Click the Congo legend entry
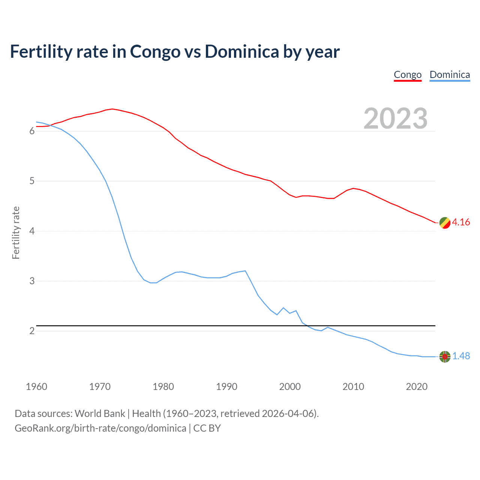pos(408,75)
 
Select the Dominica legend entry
pos(450,75)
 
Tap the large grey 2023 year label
pos(396,118)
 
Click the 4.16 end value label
pos(461,222)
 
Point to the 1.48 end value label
pos(461,356)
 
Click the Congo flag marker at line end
pos(445,223)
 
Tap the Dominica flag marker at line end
pos(445,357)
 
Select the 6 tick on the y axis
pos(32,131)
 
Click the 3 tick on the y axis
pos(32,281)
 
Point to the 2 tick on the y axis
pos(32,331)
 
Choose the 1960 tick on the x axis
pos(36,387)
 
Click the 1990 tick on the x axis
pos(226,387)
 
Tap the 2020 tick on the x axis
pos(417,387)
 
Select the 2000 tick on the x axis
pos(290,387)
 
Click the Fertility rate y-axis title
pos(16,232)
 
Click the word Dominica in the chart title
pos(242,52)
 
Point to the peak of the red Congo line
pos(112,109)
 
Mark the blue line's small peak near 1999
pos(283,308)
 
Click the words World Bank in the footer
pos(100,414)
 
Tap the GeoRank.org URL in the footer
pos(100,428)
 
